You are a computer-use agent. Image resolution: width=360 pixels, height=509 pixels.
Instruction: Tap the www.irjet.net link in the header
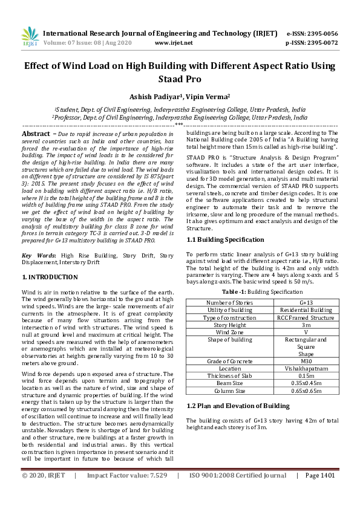pos(174,43)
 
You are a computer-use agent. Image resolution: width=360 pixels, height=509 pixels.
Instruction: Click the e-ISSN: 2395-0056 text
pos(312,34)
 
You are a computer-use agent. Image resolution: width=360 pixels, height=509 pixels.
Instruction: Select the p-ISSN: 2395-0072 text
pos(312,43)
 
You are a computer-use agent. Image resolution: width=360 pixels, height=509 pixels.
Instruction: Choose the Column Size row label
pos(229,391)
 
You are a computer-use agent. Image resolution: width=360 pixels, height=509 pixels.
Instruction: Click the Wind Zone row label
pos(229,332)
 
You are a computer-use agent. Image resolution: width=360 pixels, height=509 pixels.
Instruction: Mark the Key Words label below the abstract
pos(39,256)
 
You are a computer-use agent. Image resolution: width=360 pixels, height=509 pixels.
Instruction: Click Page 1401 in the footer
pos(319,493)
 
